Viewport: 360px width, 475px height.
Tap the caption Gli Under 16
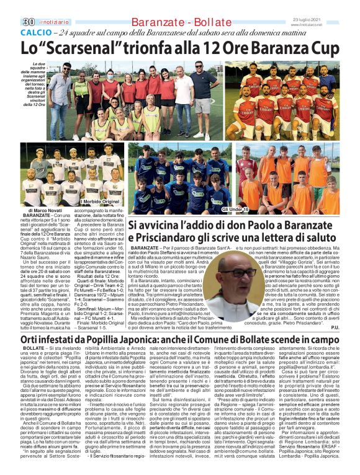pyautogui.click(x=215, y=210)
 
